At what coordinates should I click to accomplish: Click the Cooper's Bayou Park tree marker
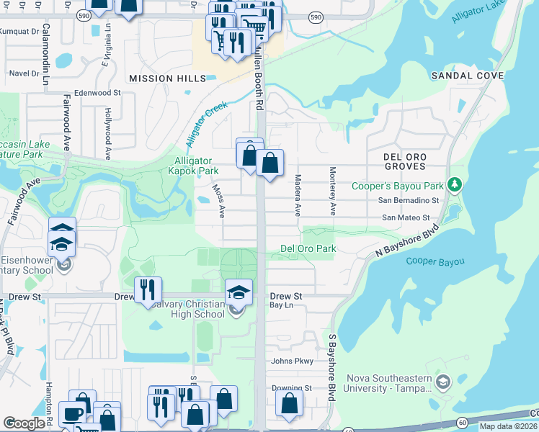[454, 185]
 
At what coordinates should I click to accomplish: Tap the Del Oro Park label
[308, 249]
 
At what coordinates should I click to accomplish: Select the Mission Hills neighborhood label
[161, 78]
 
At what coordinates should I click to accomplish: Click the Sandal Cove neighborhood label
[467, 76]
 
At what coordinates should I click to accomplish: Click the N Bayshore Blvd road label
[408, 243]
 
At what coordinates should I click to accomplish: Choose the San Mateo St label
[405, 217]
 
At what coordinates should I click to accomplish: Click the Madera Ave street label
[297, 195]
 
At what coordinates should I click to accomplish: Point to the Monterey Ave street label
[333, 192]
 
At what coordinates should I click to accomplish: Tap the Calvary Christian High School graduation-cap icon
[239, 292]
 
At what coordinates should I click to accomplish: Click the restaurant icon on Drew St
[148, 290]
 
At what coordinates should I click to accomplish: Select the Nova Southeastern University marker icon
[443, 382]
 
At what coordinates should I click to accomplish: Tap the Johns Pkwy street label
[291, 361]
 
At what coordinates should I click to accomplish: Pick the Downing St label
[291, 388]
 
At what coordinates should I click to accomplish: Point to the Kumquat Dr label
[19, 32]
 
